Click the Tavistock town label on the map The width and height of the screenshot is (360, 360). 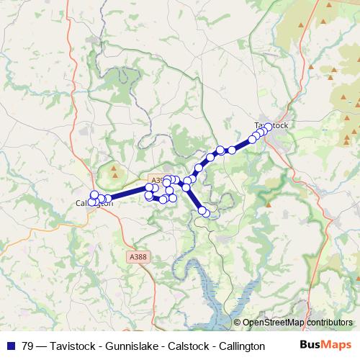click(271, 126)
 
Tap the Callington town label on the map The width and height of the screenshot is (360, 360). click(94, 203)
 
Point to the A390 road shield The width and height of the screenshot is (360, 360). click(156, 180)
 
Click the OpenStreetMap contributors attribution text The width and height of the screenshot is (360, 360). click(297, 323)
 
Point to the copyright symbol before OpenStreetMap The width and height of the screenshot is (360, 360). click(237, 323)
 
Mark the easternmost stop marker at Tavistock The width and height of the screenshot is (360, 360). click(269, 127)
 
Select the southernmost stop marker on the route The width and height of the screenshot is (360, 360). click(207, 212)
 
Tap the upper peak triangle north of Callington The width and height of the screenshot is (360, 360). click(115, 171)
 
